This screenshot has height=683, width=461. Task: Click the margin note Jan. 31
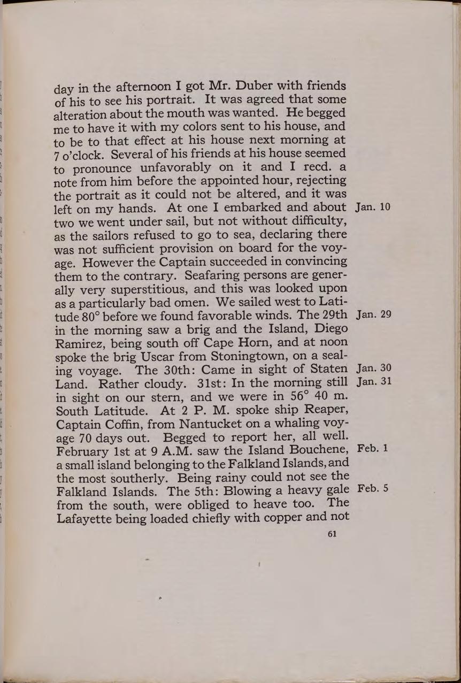pos(373,382)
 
